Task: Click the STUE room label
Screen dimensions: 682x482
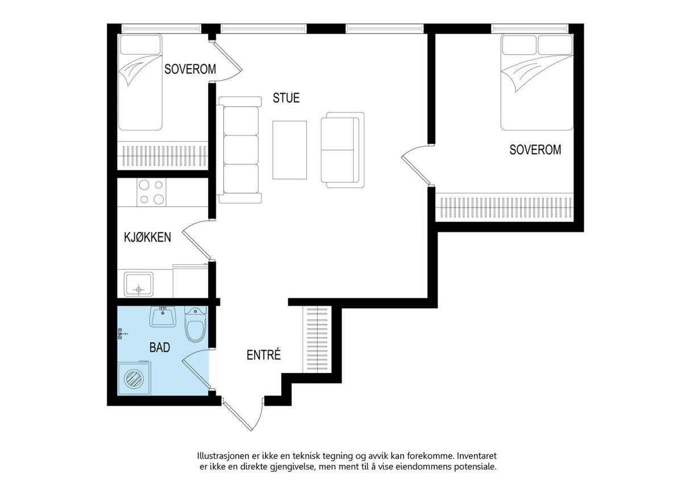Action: click(286, 98)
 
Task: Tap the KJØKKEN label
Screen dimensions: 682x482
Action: click(147, 237)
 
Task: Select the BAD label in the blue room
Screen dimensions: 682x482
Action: click(160, 347)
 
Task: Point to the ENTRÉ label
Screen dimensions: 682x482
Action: click(263, 355)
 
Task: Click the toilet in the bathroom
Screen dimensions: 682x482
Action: click(196, 325)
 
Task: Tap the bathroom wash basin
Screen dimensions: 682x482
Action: click(163, 317)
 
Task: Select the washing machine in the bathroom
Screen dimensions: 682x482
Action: click(134, 378)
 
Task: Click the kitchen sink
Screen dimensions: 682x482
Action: click(139, 284)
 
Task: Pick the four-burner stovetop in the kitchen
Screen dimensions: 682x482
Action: click(151, 192)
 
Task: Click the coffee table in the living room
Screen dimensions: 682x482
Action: click(289, 150)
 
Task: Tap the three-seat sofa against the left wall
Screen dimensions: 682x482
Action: click(240, 150)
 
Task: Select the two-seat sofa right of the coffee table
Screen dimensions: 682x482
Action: click(343, 150)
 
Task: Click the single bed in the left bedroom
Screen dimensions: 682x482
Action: click(140, 82)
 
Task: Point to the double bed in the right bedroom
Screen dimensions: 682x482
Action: click(537, 82)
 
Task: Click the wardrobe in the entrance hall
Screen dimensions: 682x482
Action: click(317, 339)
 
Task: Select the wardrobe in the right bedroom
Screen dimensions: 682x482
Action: click(505, 207)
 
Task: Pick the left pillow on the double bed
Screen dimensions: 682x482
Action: click(519, 45)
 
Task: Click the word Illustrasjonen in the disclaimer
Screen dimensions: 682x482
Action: click(223, 456)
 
